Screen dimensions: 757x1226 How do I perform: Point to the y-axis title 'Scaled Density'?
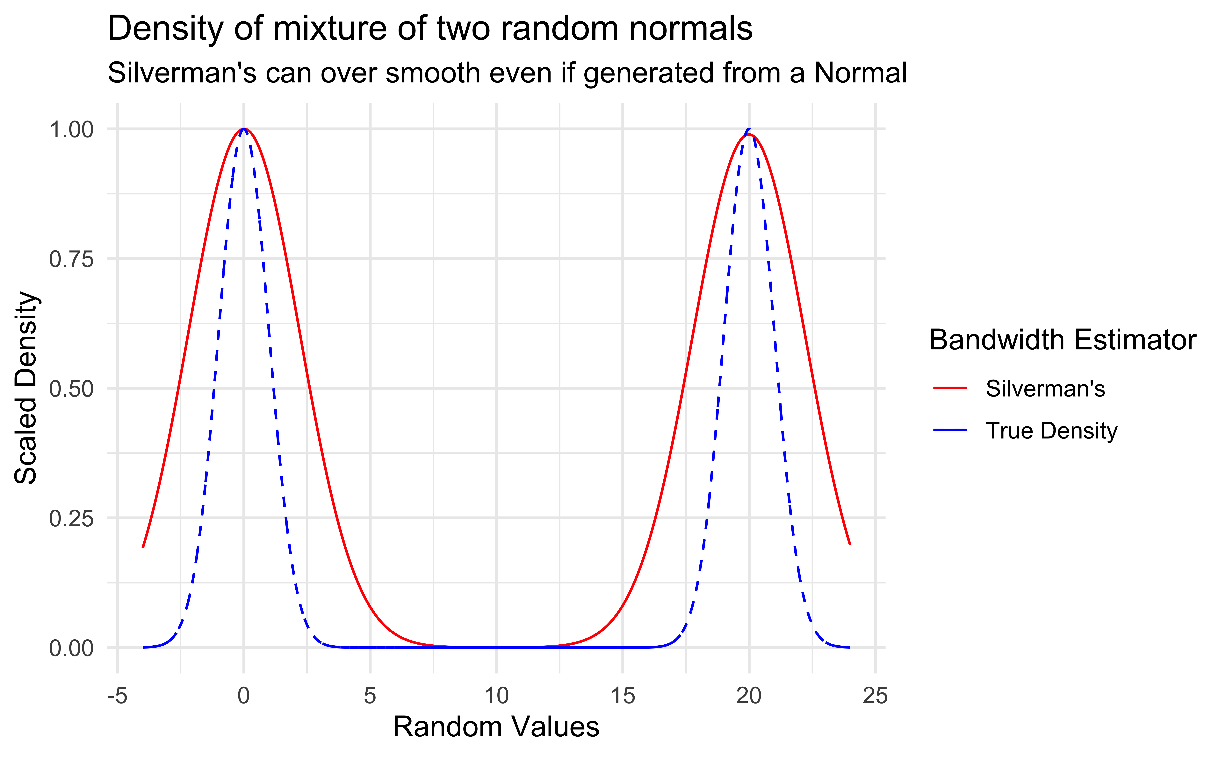(26, 388)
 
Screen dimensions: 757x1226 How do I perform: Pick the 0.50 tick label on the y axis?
(71, 389)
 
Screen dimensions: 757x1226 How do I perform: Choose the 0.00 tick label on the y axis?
(71, 648)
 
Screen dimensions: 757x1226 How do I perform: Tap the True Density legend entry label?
(1051, 431)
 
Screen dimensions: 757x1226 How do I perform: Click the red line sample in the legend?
(950, 388)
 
